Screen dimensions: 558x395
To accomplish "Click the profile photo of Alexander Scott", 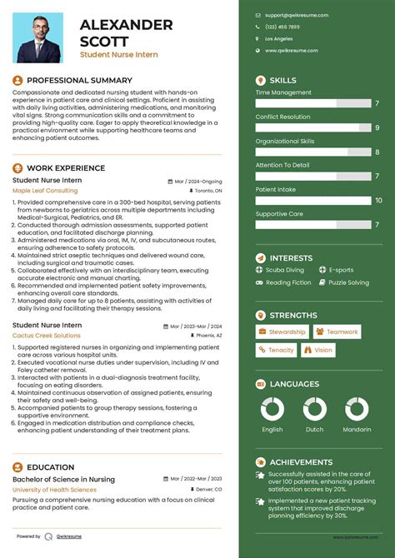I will [39, 37].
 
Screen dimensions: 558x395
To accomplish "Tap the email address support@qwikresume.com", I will [297, 15].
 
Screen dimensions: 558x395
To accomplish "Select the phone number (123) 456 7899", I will [282, 27].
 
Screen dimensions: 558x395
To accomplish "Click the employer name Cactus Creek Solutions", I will [47, 335].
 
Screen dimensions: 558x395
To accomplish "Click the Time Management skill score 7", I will [377, 103].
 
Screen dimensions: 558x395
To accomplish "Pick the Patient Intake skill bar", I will [313, 200].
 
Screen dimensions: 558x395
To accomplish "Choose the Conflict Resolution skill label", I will [282, 117].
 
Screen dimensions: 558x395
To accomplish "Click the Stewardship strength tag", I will [282, 331].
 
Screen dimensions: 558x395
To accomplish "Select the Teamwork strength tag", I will [337, 331].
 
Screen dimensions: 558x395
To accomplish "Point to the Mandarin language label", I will [356, 430].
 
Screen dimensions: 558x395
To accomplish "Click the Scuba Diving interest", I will [285, 270].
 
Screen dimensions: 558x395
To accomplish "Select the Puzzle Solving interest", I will [348, 282].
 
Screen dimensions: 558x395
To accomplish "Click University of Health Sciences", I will [53, 489].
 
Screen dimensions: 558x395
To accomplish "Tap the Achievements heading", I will [301, 461].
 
